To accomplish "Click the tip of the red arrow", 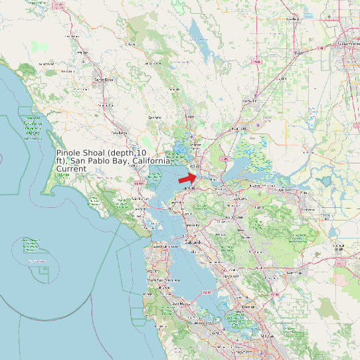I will [197, 175].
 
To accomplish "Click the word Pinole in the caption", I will [69, 152].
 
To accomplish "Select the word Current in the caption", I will [71, 169].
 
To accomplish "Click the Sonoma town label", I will [155, 118].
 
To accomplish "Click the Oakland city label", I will [193, 242].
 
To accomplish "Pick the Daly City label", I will [153, 271].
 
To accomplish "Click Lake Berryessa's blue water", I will [197, 33].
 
